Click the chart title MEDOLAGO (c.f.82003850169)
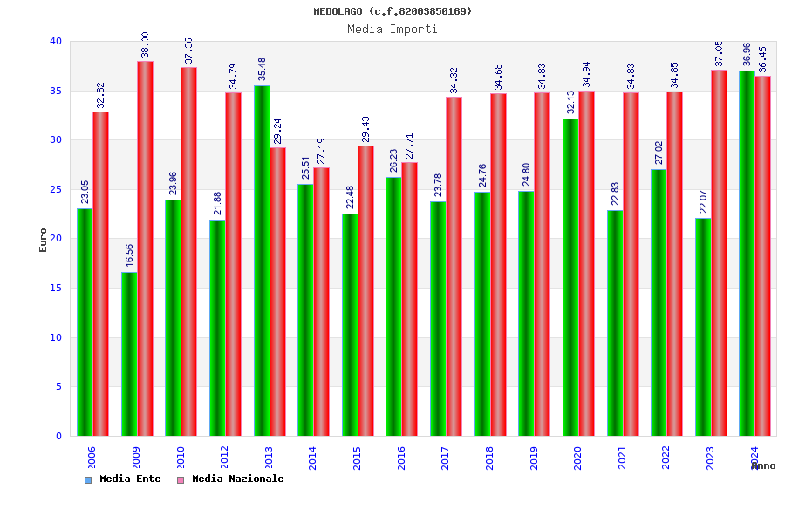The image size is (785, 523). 392,11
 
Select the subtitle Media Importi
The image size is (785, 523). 392,29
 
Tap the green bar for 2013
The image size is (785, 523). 262,261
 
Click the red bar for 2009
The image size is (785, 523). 145,248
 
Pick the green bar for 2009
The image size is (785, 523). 129,354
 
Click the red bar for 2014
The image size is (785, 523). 322,302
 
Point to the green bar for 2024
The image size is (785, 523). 747,253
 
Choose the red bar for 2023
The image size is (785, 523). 719,253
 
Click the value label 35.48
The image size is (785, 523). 262,69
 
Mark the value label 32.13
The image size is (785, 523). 570,102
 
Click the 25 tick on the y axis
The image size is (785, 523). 56,189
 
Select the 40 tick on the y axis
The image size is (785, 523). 56,41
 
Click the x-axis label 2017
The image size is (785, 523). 446,458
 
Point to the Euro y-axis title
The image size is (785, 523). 44,240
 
